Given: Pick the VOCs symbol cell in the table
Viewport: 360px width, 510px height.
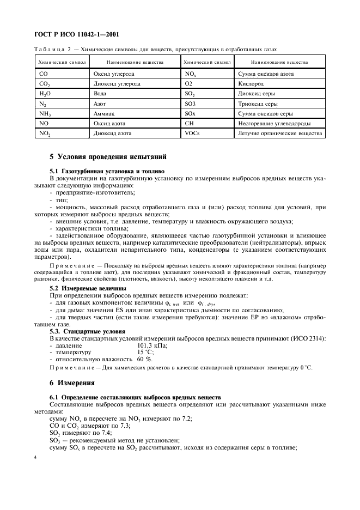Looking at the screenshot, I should point(193,133).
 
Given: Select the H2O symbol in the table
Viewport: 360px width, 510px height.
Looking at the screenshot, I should point(46,94).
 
